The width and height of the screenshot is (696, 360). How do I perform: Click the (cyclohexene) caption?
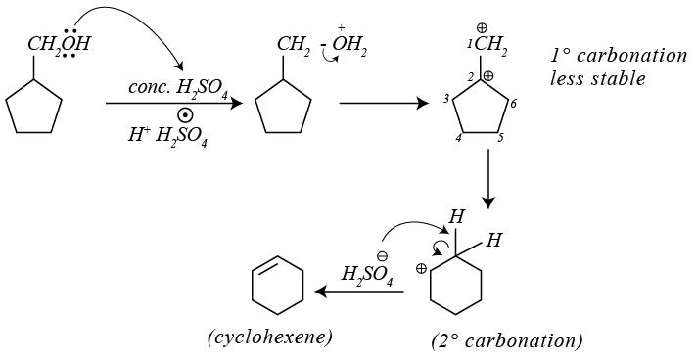(x=269, y=338)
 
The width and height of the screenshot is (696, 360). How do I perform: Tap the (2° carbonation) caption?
(x=507, y=341)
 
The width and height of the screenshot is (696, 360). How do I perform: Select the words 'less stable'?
(x=597, y=78)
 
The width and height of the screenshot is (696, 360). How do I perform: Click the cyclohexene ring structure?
(x=277, y=285)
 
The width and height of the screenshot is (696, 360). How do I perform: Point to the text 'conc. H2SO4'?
(x=181, y=88)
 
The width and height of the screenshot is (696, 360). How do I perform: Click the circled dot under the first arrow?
(x=185, y=115)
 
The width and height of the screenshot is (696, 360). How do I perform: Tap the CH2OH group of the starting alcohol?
(x=59, y=43)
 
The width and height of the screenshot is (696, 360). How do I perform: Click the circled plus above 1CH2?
(x=482, y=28)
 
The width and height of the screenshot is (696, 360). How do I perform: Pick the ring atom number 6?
(x=513, y=104)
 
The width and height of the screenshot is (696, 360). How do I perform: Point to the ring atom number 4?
(x=458, y=138)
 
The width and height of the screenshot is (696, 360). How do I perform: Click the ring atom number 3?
(x=446, y=99)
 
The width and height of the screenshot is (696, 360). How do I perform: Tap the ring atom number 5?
(x=500, y=138)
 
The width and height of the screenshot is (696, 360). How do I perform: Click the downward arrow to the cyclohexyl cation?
(x=488, y=178)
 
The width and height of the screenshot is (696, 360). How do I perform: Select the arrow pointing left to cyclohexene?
(x=359, y=292)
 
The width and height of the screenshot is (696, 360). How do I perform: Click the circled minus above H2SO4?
(x=382, y=256)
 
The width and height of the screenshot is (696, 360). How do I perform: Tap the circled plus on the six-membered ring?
(x=421, y=268)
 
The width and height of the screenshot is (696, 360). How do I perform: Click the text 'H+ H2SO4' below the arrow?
(x=167, y=135)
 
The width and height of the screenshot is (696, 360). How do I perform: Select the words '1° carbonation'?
(x=619, y=56)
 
